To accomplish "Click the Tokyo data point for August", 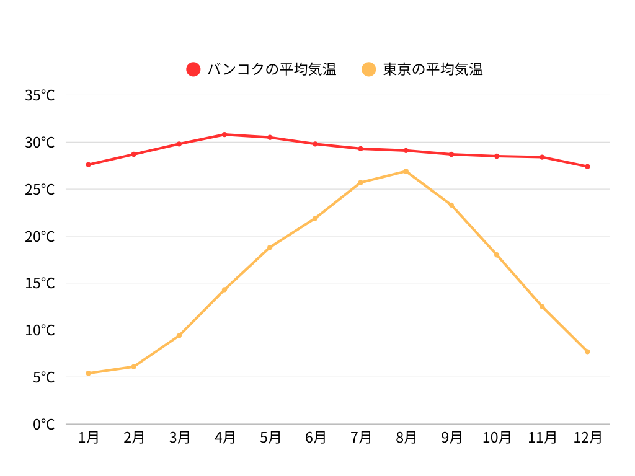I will pyautogui.click(x=406, y=171).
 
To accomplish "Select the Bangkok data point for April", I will pyautogui.click(x=224, y=134).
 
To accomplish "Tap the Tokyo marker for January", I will pyautogui.click(x=89, y=373).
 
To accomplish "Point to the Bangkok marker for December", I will pyautogui.click(x=587, y=166).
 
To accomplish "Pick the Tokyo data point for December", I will pyautogui.click(x=587, y=351).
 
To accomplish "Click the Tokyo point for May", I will pyautogui.click(x=270, y=247).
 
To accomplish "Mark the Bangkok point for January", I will pyautogui.click(x=89, y=164).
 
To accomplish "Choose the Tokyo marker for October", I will pyautogui.click(x=497, y=255).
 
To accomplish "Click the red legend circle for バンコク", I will pyautogui.click(x=193, y=69).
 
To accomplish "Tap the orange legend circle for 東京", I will pyautogui.click(x=369, y=69).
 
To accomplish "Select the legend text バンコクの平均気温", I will pyautogui.click(x=272, y=69).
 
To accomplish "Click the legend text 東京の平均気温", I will pyautogui.click(x=433, y=69).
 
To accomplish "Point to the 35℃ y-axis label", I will pyautogui.click(x=40, y=95).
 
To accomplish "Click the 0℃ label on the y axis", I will pyautogui.click(x=43, y=425).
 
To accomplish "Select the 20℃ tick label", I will pyautogui.click(x=40, y=236).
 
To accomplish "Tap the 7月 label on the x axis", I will pyautogui.click(x=360, y=438).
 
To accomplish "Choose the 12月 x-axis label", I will pyautogui.click(x=587, y=438).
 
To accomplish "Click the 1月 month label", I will pyautogui.click(x=89, y=438).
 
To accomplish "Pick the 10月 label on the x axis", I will pyautogui.click(x=497, y=438).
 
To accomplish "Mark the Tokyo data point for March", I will pyautogui.click(x=179, y=335).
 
